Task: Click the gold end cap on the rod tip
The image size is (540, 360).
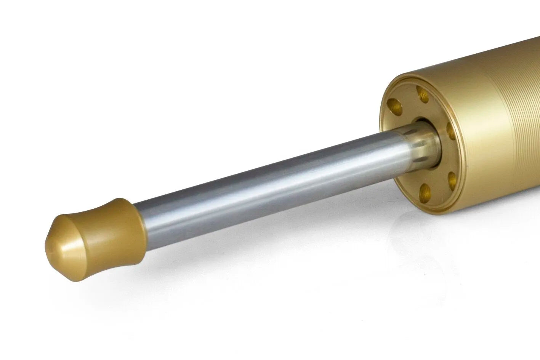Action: [x=95, y=238]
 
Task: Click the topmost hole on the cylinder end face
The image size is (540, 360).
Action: [x=423, y=93]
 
